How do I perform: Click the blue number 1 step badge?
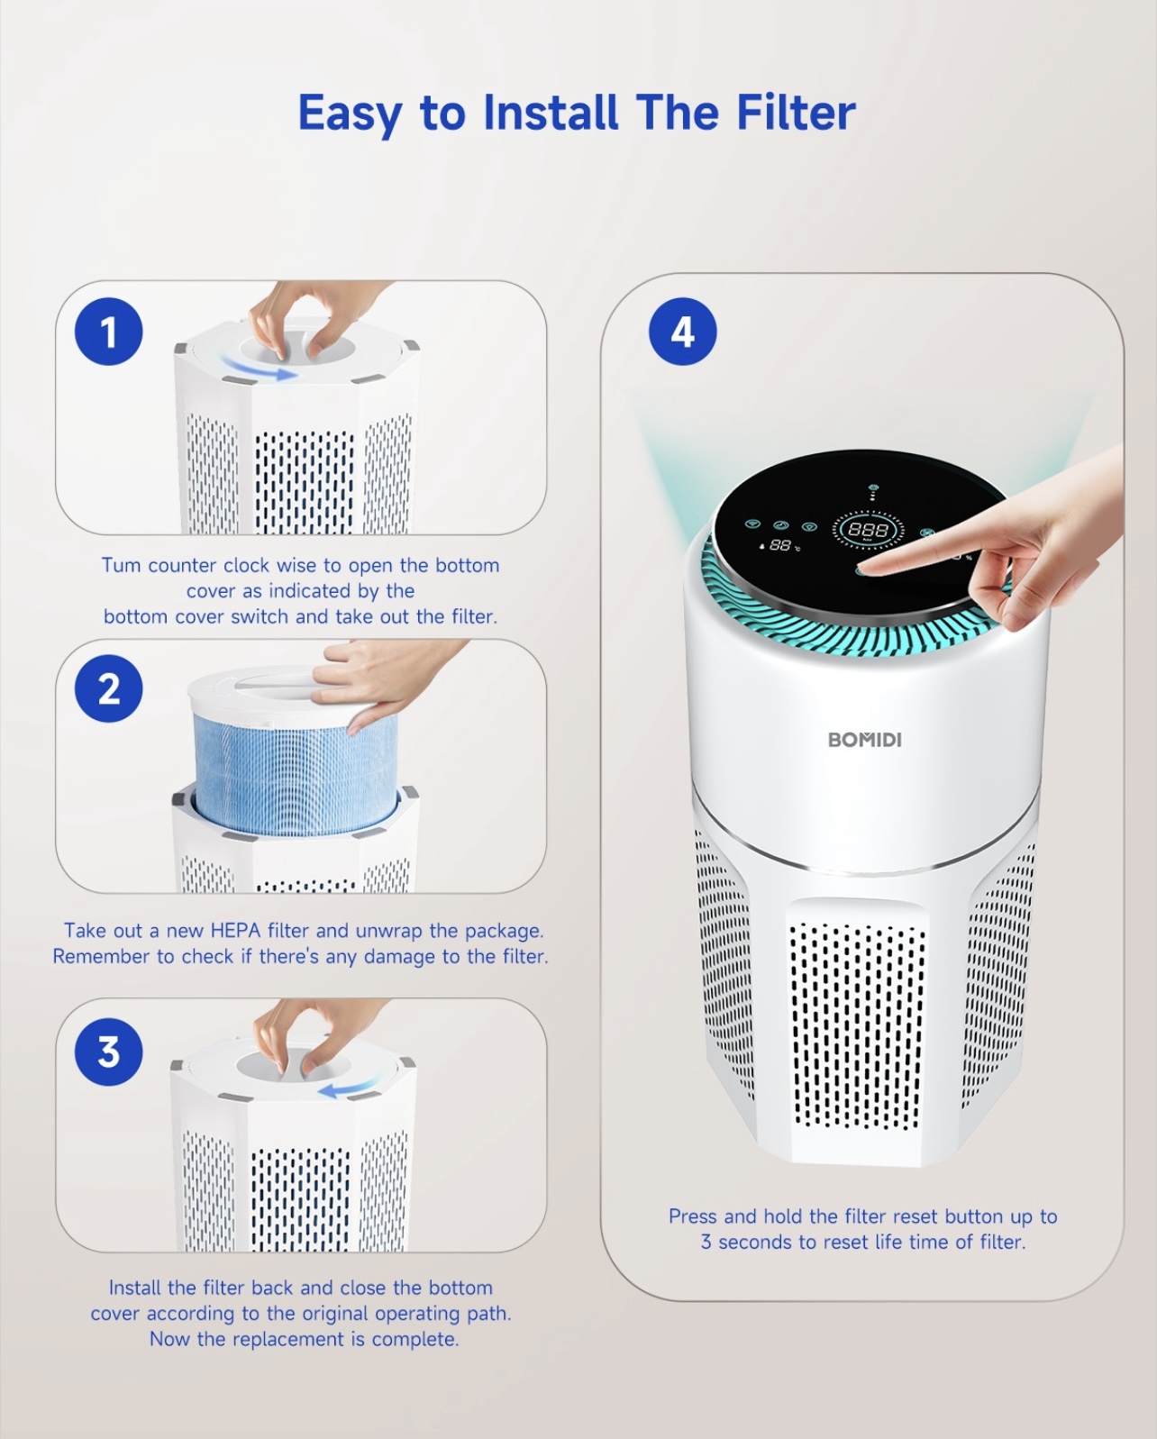[108, 332]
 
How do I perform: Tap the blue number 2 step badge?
[108, 688]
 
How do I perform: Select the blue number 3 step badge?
[108, 1052]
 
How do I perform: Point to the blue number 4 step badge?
[682, 331]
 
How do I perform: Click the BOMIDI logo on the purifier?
[864, 740]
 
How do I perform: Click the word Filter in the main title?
[796, 113]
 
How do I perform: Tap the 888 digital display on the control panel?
[868, 530]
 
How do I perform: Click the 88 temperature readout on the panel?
[779, 545]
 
